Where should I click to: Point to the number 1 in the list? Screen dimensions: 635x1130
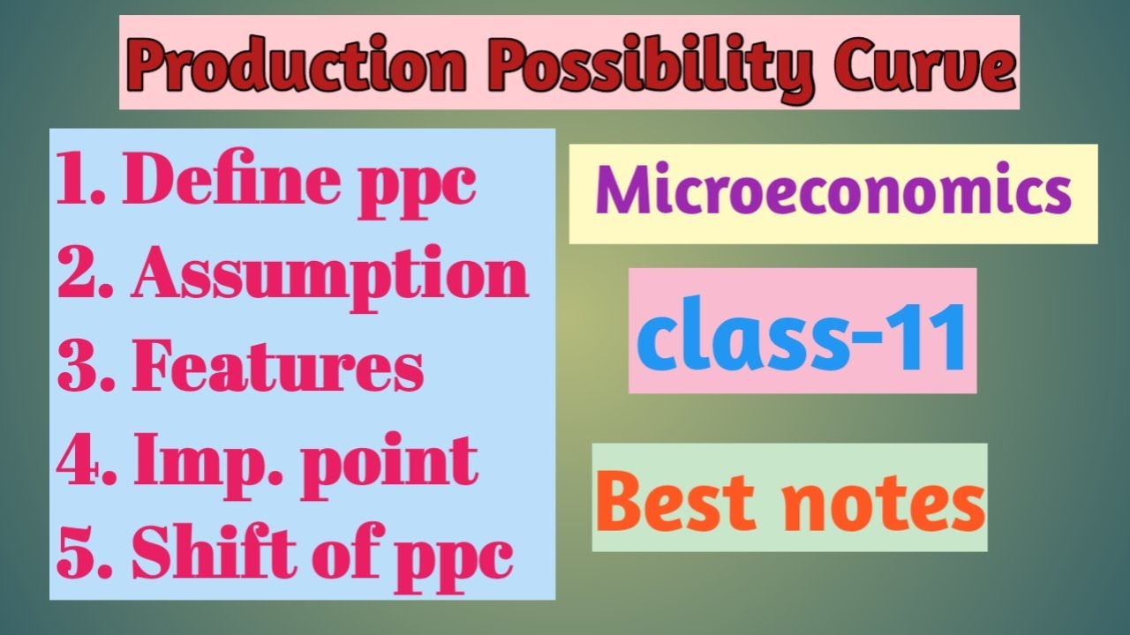pos(74,182)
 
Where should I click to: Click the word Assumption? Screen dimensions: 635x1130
pos(330,275)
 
